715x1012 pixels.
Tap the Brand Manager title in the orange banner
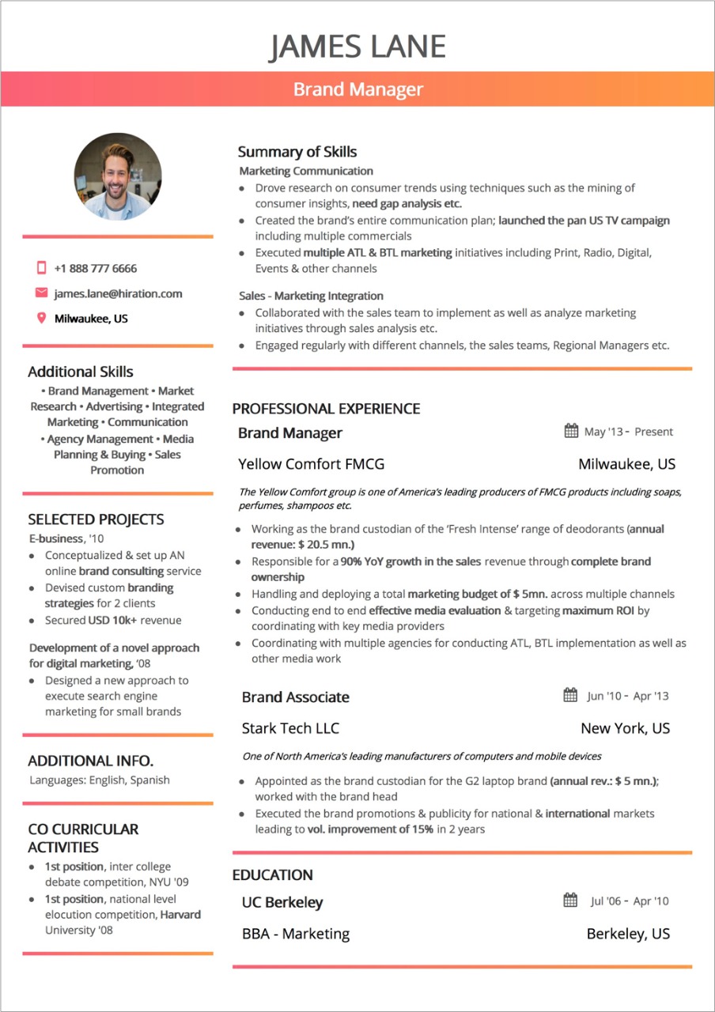coord(358,89)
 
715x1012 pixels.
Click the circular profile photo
coord(118,176)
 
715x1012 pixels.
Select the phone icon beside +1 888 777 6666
coord(42,268)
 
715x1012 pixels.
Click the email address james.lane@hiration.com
coord(118,293)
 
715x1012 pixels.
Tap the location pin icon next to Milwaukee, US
coord(42,319)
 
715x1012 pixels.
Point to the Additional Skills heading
coord(81,372)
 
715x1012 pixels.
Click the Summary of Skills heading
coord(297,152)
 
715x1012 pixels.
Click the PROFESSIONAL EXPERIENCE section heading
coord(326,409)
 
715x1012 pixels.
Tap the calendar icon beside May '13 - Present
coord(571,431)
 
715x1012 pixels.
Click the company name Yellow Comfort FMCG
coord(311,464)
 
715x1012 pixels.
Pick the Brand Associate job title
coord(295,697)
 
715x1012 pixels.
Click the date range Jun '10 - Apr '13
coord(627,696)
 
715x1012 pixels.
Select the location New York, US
coord(625,728)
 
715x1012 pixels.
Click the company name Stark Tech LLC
coord(290,728)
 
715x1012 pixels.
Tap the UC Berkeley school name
coord(282,902)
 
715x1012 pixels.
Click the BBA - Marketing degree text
coord(296,934)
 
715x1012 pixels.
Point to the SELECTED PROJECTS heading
coord(96,519)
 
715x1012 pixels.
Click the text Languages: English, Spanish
coord(100,780)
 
